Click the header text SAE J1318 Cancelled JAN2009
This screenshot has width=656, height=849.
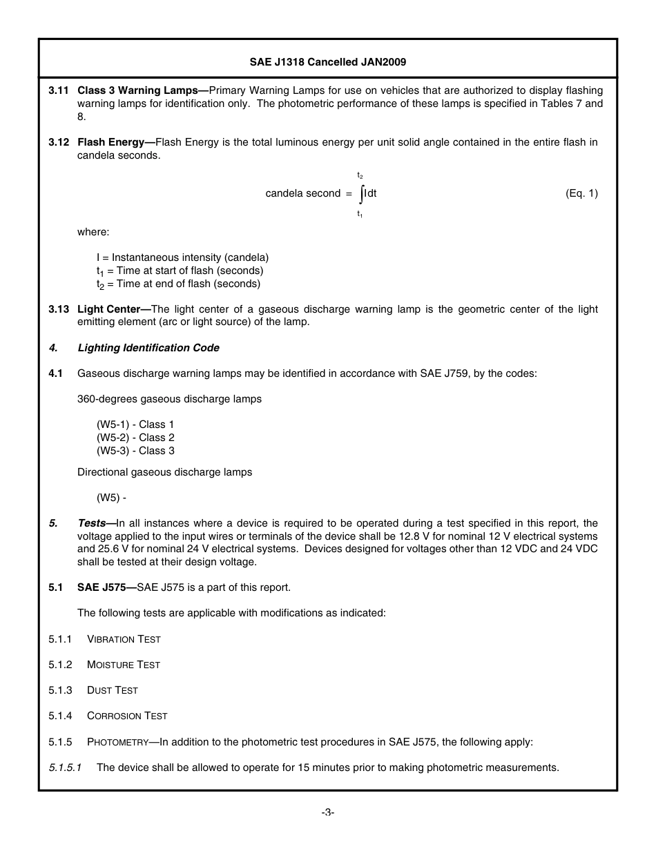(327, 62)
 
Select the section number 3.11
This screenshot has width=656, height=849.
(59, 90)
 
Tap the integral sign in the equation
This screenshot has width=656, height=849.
(361, 194)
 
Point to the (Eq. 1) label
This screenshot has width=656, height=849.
(581, 193)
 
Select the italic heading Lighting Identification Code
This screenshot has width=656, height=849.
(148, 348)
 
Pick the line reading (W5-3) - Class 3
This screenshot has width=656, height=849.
(135, 451)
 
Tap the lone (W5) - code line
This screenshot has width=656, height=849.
(111, 498)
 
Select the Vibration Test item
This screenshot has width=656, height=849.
(124, 639)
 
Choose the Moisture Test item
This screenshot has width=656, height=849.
(123, 665)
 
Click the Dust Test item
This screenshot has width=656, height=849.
(112, 690)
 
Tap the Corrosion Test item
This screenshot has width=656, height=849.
(127, 716)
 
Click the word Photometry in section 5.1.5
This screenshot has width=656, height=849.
(117, 742)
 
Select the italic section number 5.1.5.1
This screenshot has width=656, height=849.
(65, 768)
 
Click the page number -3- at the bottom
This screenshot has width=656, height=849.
(328, 813)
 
